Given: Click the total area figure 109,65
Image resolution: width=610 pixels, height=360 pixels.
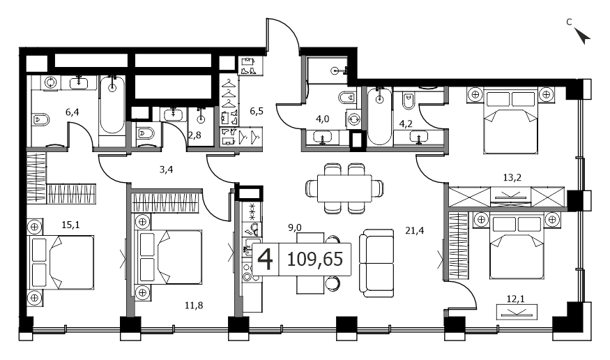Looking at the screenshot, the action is click(x=314, y=260).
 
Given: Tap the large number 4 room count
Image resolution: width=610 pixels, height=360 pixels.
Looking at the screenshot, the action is click(x=266, y=260).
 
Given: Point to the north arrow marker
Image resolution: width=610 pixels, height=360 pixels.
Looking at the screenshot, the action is click(x=582, y=36).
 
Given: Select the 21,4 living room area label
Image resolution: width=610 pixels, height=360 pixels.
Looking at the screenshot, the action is click(x=414, y=231).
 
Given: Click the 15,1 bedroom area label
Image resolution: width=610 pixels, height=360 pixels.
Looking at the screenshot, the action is click(x=70, y=225).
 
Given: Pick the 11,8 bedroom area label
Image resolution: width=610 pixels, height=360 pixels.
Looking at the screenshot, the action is click(x=194, y=306).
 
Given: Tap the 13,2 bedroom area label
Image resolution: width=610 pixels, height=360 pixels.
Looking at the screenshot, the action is click(x=512, y=178).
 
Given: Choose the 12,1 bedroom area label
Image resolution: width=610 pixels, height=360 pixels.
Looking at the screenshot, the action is click(x=515, y=299).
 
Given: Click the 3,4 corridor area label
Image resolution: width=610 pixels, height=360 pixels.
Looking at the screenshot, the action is click(x=166, y=170).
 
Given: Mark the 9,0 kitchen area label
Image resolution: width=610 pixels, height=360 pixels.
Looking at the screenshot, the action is click(x=295, y=227).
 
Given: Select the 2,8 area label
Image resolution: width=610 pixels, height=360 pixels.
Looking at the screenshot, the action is click(x=195, y=135).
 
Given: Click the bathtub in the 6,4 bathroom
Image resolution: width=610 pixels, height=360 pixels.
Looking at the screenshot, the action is click(x=112, y=105).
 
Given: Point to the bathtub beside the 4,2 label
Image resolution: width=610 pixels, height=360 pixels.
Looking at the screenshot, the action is click(x=379, y=117).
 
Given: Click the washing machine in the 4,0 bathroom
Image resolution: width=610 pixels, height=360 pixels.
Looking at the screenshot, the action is click(x=353, y=119).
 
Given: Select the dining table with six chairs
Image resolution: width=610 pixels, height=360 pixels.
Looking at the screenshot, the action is click(x=344, y=188).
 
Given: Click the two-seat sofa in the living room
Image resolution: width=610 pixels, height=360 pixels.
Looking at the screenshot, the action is click(x=376, y=263).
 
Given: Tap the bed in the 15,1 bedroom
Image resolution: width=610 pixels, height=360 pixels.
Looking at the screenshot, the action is click(x=63, y=262).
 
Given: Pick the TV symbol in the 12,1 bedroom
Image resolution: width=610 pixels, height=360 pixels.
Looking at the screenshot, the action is click(x=517, y=312).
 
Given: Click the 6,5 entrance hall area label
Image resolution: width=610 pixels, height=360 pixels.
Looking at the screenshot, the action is click(x=257, y=112).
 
